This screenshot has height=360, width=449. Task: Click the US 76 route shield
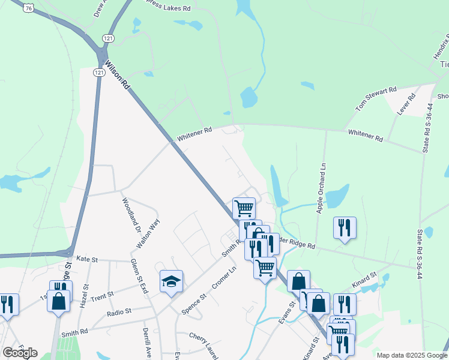point(29,7)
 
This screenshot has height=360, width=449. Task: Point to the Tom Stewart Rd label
point(376,99)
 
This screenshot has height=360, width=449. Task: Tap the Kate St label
point(87,259)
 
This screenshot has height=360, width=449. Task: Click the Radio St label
point(119,313)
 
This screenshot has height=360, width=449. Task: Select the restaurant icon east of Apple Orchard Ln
point(345,227)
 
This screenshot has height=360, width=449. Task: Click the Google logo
point(20,352)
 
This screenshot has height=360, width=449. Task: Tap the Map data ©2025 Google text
point(411,355)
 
